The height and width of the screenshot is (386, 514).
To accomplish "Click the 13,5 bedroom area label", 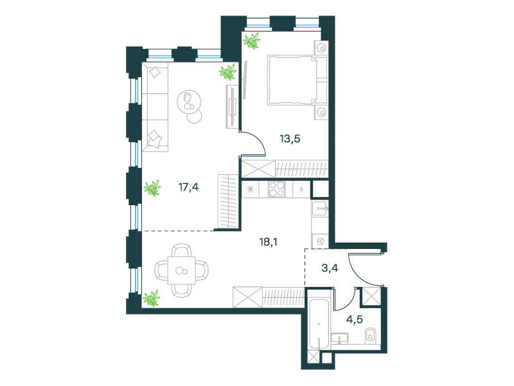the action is click(x=290, y=139).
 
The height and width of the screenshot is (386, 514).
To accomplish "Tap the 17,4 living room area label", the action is click(x=188, y=187).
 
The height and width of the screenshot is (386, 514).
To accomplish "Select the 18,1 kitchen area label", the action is click(x=268, y=243).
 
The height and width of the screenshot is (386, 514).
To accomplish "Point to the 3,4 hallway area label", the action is click(x=330, y=268).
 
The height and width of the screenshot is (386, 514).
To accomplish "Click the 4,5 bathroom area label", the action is click(x=355, y=319).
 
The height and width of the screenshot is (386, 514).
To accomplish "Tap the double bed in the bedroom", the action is click(x=297, y=80).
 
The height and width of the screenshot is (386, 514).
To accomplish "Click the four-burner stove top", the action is click(x=276, y=189).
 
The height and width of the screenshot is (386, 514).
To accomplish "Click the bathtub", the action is click(x=319, y=324).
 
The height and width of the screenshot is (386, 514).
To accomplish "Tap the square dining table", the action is click(x=182, y=270).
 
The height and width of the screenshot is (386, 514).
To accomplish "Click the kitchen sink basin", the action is click(x=320, y=208).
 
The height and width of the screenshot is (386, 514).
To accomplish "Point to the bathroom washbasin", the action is click(x=340, y=338).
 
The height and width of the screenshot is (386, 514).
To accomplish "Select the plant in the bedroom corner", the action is click(x=251, y=41).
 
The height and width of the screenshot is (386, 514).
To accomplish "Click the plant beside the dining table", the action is click(x=152, y=299).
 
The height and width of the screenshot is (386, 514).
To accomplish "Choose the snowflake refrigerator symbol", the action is click(x=251, y=189).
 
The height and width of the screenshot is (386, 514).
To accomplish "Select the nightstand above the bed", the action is click(x=322, y=48).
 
